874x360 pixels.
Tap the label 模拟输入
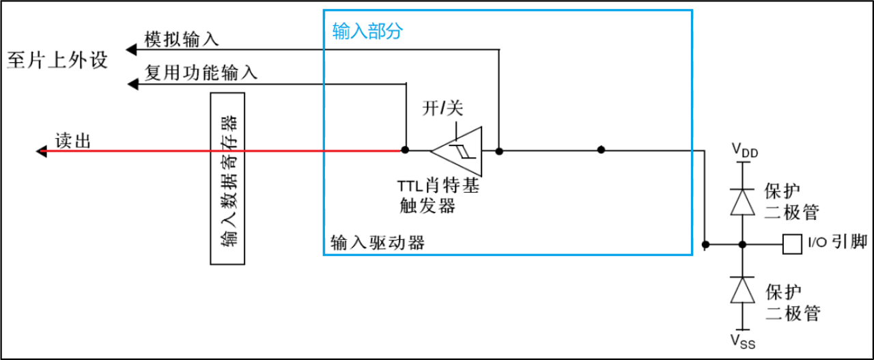point(181,39)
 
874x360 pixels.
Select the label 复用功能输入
point(201,73)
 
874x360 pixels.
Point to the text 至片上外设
point(58,60)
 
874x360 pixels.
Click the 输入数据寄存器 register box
point(228,178)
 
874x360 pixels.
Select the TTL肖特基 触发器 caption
point(438,195)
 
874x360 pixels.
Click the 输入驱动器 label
point(378,243)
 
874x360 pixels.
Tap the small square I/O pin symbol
point(792,244)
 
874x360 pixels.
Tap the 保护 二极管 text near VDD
point(792,202)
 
